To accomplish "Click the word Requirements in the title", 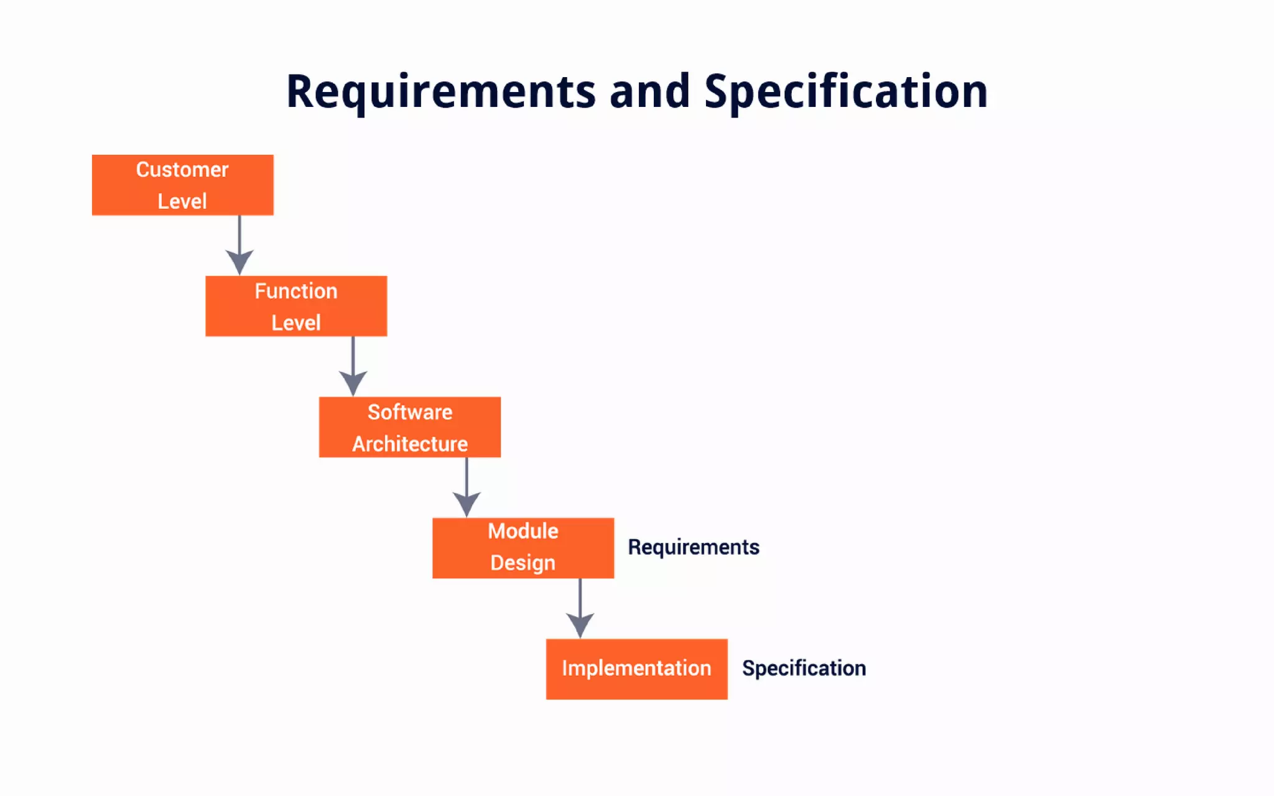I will [440, 92].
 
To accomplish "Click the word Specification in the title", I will [845, 92].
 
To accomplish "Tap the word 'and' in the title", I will [649, 92].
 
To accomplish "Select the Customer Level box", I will [182, 185].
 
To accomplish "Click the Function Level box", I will [296, 306].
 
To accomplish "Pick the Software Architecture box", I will [409, 427].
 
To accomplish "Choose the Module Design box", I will [523, 548].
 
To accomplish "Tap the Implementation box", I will [636, 669].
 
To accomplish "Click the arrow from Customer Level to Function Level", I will [239, 245].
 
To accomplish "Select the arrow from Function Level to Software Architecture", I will [353, 366].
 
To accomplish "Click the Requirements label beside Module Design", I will [693, 547].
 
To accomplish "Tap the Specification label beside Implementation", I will [804, 669].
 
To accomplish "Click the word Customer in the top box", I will [182, 170].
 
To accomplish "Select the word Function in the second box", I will [296, 291].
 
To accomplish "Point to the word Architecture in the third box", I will [409, 444].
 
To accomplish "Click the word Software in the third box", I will [409, 412].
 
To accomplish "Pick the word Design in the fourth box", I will [523, 563].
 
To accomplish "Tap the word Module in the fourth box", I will [523, 531].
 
